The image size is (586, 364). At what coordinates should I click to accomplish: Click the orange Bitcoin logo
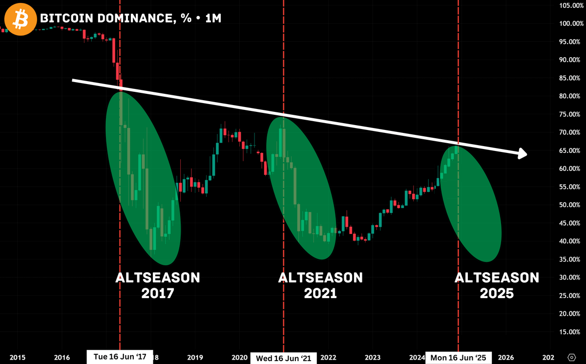20,19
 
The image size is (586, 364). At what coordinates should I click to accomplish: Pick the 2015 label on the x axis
17,357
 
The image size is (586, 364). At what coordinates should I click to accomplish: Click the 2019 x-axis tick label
195,357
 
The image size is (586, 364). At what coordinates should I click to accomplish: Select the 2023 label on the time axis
373,357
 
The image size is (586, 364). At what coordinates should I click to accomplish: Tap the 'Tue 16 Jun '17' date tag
120,356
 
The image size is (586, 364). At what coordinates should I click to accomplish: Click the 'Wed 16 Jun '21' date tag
284,358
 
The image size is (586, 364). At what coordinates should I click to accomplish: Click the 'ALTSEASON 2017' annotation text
158,285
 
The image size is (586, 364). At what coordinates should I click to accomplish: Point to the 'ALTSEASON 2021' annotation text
320,285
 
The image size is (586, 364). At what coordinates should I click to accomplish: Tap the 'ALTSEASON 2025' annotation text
497,285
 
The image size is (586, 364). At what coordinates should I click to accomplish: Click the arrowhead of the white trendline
522,153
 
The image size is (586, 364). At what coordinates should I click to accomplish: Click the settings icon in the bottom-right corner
572,357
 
